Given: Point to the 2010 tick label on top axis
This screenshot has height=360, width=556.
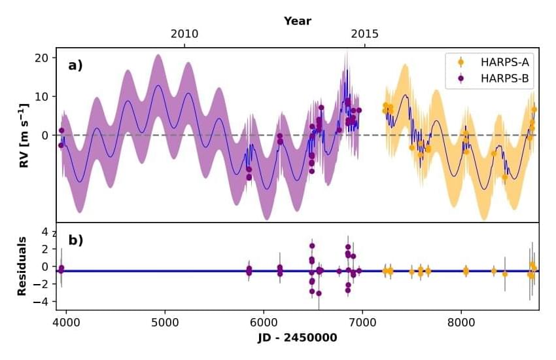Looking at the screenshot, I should tap(184, 34).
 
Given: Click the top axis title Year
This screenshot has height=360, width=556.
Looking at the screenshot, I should tap(298, 21).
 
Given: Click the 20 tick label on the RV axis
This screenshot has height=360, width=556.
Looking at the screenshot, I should tap(43, 58).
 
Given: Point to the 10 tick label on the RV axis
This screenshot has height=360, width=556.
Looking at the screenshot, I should tap(43, 96).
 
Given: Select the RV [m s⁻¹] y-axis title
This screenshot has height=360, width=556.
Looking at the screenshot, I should tap(24, 135).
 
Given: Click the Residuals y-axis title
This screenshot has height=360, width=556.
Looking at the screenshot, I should tap(22, 266).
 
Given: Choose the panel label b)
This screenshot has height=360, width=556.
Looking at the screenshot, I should tap(75, 240).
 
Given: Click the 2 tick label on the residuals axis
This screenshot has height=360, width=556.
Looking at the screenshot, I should tap(45, 249).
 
